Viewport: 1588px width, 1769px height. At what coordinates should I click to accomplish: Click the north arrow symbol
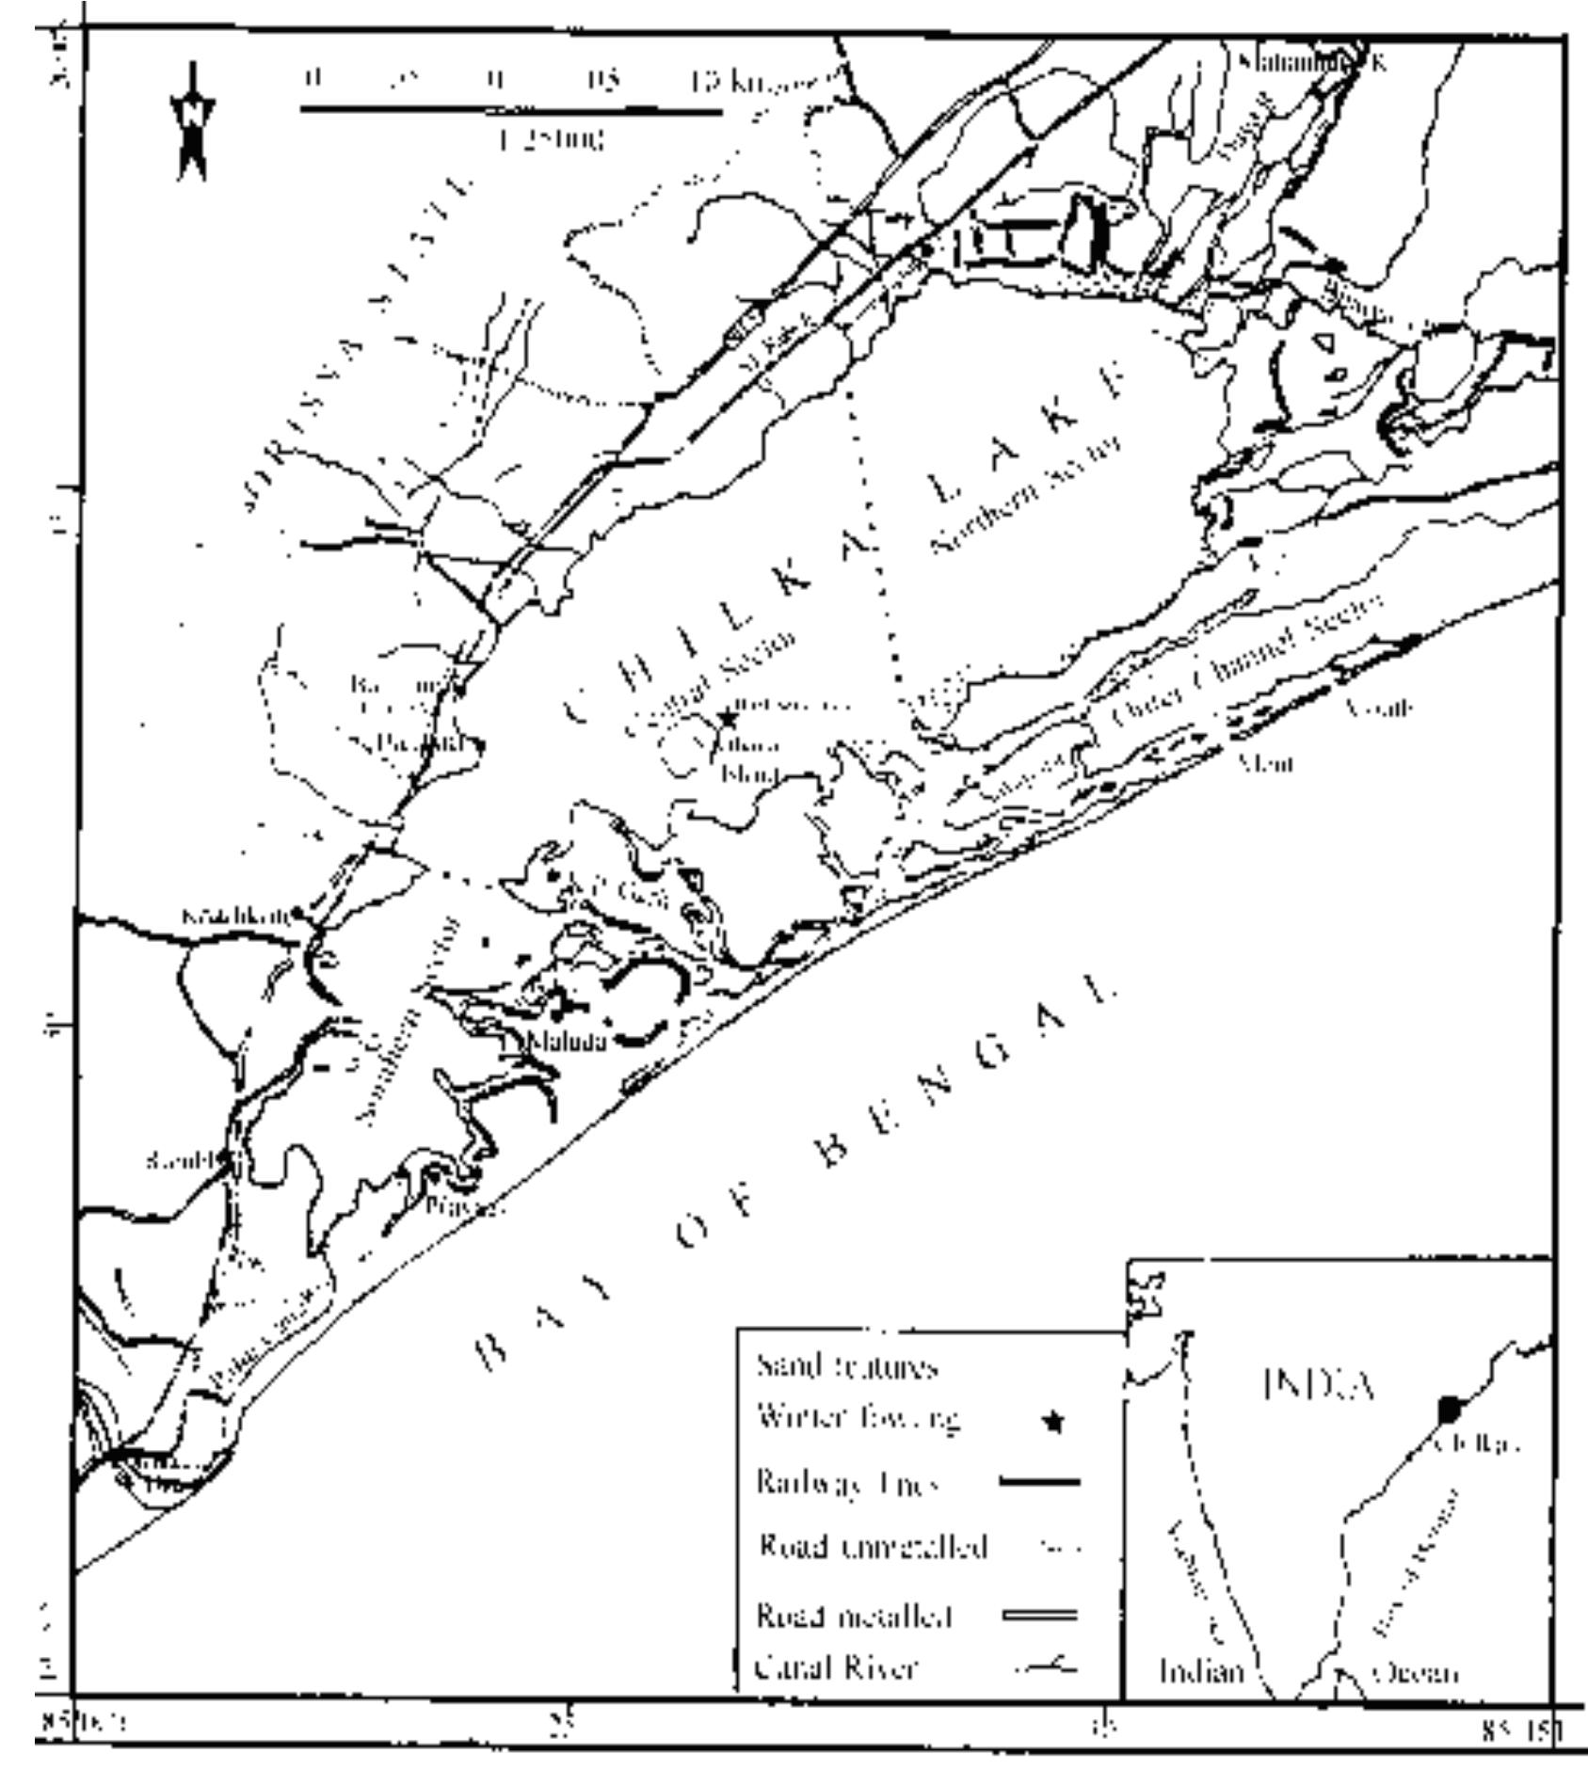pos(192,122)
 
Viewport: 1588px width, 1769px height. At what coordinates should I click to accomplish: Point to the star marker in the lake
pos(728,719)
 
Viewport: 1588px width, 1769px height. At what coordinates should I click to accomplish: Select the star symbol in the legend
pos(1056,1423)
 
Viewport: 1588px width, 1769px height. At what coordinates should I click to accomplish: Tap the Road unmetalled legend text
pos(872,1548)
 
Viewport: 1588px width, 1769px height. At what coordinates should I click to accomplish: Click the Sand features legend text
pos(846,1366)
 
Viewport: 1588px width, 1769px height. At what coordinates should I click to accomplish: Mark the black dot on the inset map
pos(1449,1410)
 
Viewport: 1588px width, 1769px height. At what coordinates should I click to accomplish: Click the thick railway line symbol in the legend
pos(1038,1484)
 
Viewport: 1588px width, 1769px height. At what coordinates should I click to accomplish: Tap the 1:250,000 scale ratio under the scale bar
pos(551,142)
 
